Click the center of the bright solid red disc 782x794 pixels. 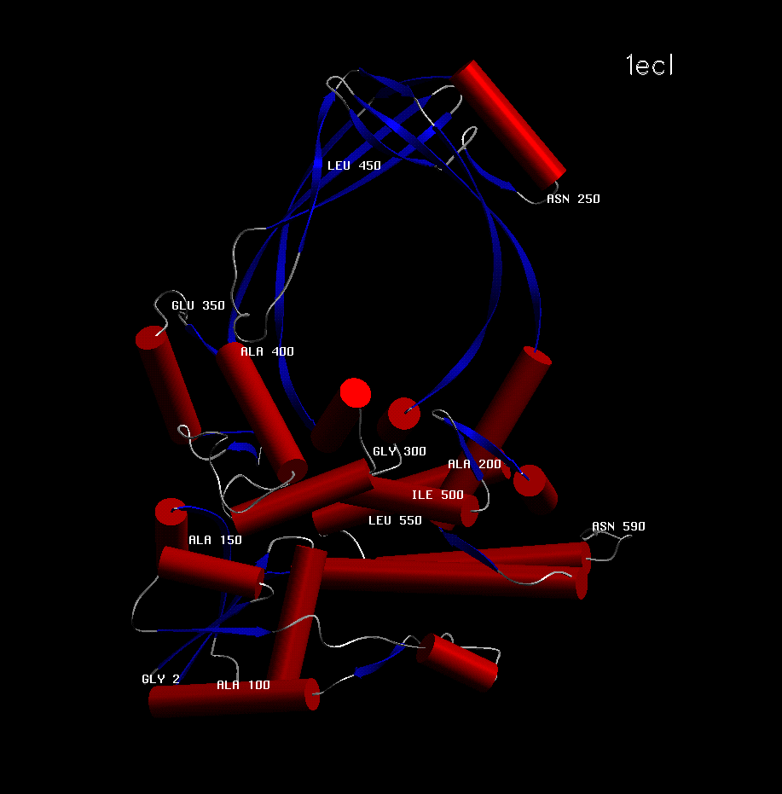355,392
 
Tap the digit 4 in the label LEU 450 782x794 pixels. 362,165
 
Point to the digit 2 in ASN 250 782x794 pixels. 582,199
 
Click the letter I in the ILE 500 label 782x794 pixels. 415,495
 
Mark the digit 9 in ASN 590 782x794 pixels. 634,527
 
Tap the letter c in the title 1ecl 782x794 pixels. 657,67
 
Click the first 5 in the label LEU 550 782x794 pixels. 403,520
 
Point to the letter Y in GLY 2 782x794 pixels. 161,679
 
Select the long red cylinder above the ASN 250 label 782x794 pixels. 507,123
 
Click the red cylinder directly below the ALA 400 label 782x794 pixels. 261,412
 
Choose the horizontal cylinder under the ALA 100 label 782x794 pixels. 234,698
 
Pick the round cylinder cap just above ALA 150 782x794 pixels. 171,513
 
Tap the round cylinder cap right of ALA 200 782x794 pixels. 530,480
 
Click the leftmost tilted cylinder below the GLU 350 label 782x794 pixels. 169,385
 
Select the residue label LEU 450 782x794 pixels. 354,165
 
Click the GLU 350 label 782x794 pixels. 198,305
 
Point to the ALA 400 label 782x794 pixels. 267,351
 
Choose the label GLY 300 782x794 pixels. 399,451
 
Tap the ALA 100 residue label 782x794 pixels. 243,685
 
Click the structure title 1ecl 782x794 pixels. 650,66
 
